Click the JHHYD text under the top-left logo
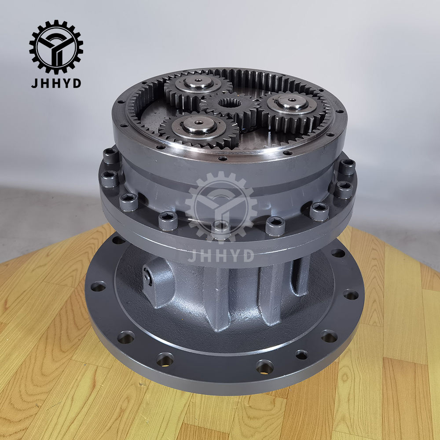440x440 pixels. [x=56, y=83]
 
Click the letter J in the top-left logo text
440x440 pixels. [x=33, y=83]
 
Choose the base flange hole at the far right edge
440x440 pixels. [x=351, y=294]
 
